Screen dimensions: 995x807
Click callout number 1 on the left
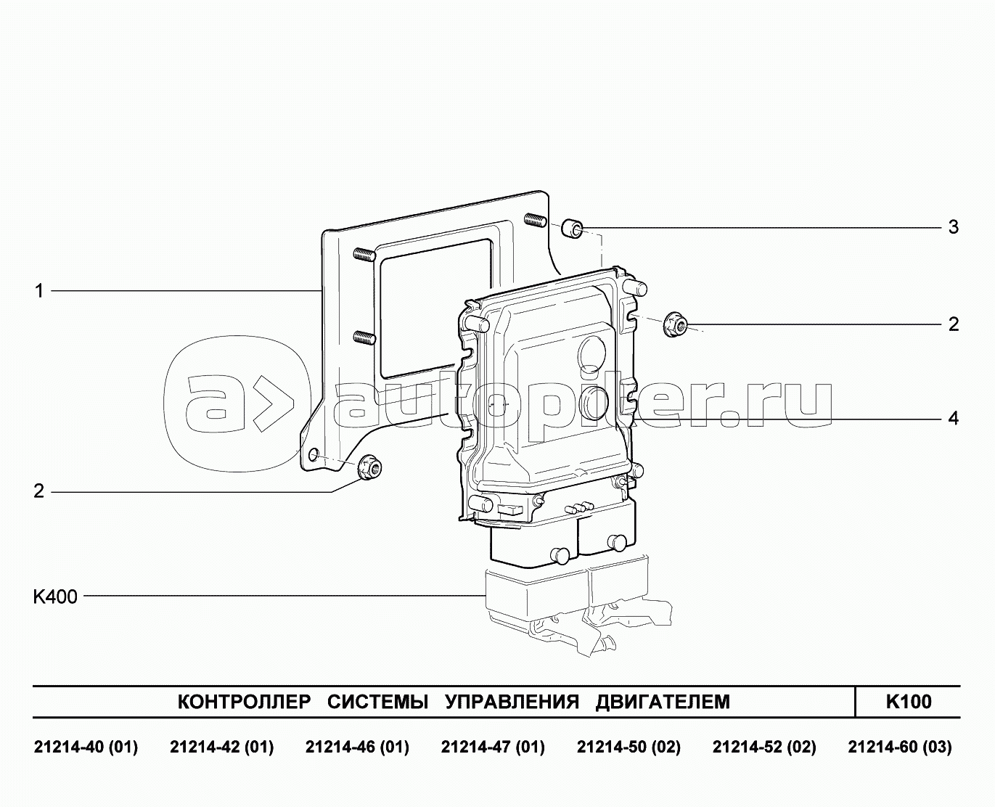39,292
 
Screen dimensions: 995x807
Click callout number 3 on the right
954,227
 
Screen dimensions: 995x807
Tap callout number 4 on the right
954,418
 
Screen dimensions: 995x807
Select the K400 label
55,597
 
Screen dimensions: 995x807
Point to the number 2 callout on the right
954,324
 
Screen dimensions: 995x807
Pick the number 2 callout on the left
38,491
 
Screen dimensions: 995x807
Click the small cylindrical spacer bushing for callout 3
572,229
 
